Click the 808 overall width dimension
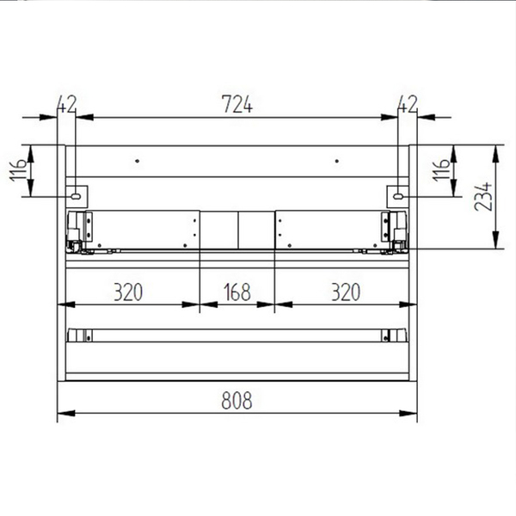[x=238, y=400]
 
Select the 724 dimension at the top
[x=237, y=104]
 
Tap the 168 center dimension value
[x=238, y=292]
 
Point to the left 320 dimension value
[x=127, y=292]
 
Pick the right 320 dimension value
[x=344, y=292]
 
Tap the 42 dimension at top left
[x=66, y=104]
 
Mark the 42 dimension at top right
[x=407, y=104]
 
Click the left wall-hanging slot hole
[x=77, y=196]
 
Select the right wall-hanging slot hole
[x=398, y=196]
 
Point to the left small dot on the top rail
[x=136, y=160]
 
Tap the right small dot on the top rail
[x=336, y=160]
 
